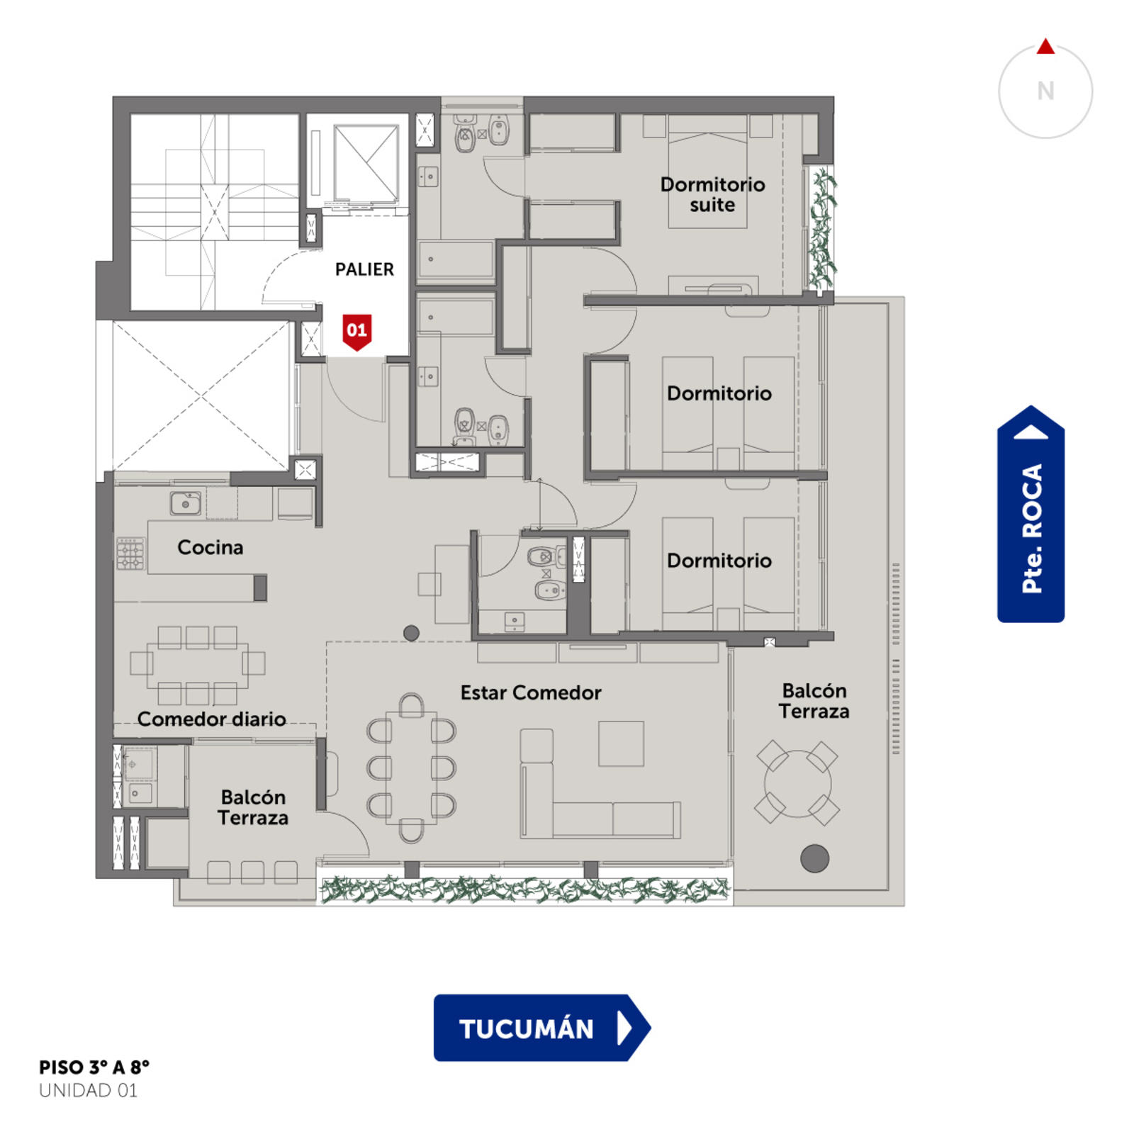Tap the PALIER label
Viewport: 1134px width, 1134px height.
[x=364, y=269]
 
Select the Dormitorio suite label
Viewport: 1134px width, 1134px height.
[x=712, y=194]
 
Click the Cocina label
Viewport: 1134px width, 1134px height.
[x=210, y=547]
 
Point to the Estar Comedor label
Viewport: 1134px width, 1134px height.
[x=531, y=692]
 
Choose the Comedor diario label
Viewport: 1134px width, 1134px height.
[x=211, y=719]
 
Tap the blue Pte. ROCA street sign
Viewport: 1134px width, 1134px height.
[x=1031, y=514]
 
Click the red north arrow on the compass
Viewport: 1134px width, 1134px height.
[x=1045, y=47]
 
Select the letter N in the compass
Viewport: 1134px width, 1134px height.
[x=1045, y=91]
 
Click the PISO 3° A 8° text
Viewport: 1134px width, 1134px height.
[x=94, y=1067]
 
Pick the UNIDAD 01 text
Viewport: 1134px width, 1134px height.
[x=89, y=1090]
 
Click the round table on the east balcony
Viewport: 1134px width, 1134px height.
[x=797, y=783]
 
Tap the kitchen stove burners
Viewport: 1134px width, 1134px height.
[x=130, y=554]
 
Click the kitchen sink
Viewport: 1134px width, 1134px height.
[x=186, y=503]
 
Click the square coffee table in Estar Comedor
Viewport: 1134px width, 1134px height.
[x=621, y=743]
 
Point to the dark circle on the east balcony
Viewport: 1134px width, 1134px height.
[x=814, y=858]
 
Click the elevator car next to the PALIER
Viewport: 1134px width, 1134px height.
[x=366, y=162]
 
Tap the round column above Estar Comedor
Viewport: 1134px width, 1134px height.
[x=411, y=633]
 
